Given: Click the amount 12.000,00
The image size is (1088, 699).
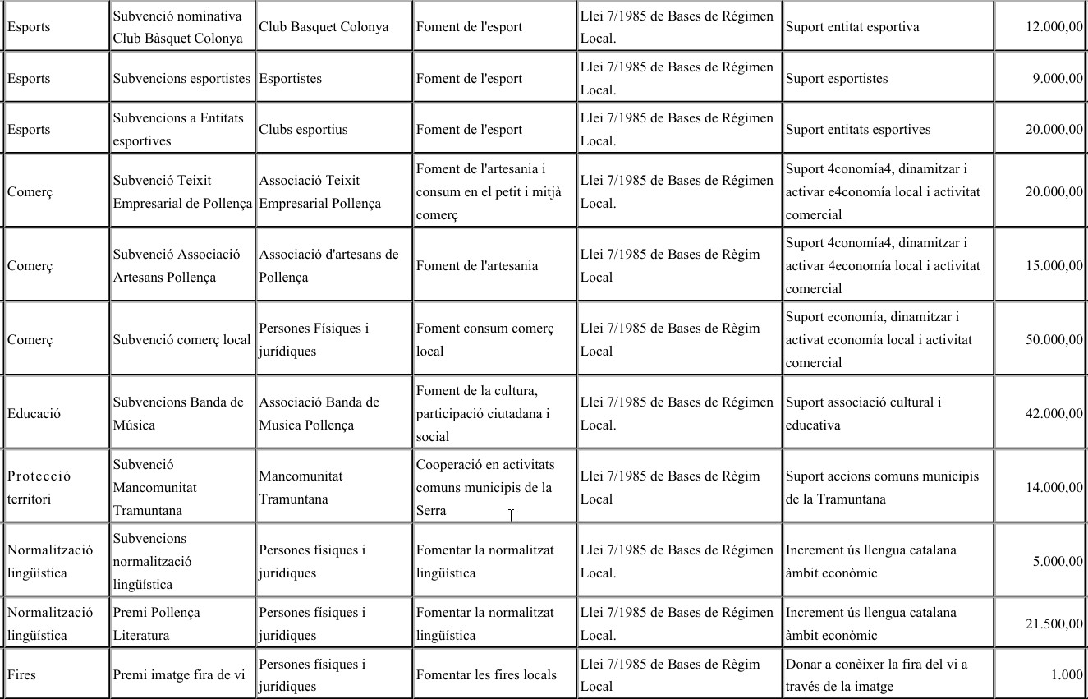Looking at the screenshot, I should point(1054,27).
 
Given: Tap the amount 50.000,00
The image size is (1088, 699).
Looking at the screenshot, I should point(1054,340).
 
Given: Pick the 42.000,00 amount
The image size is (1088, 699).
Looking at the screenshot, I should point(1054,414).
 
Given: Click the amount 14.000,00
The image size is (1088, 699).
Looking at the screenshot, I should point(1054,488).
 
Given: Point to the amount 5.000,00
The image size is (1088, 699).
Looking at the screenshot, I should point(1058,562).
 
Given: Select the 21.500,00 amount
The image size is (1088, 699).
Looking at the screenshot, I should point(1054,624).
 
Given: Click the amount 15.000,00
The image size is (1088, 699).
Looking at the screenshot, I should point(1054,266).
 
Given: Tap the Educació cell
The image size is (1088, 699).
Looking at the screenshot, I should point(34,414).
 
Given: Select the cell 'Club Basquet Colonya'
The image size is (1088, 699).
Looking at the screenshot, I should point(324,27).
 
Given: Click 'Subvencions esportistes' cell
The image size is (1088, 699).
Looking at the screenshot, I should point(181,79).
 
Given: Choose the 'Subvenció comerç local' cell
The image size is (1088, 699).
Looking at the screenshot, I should point(181,340).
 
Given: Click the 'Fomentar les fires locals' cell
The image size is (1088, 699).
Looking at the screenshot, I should point(486,675).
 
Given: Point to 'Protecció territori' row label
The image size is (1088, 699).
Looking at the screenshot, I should point(39,488).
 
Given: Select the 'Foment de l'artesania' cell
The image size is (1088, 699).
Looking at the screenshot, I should point(477,266).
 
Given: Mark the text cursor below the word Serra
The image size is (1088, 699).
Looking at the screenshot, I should point(511,516).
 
